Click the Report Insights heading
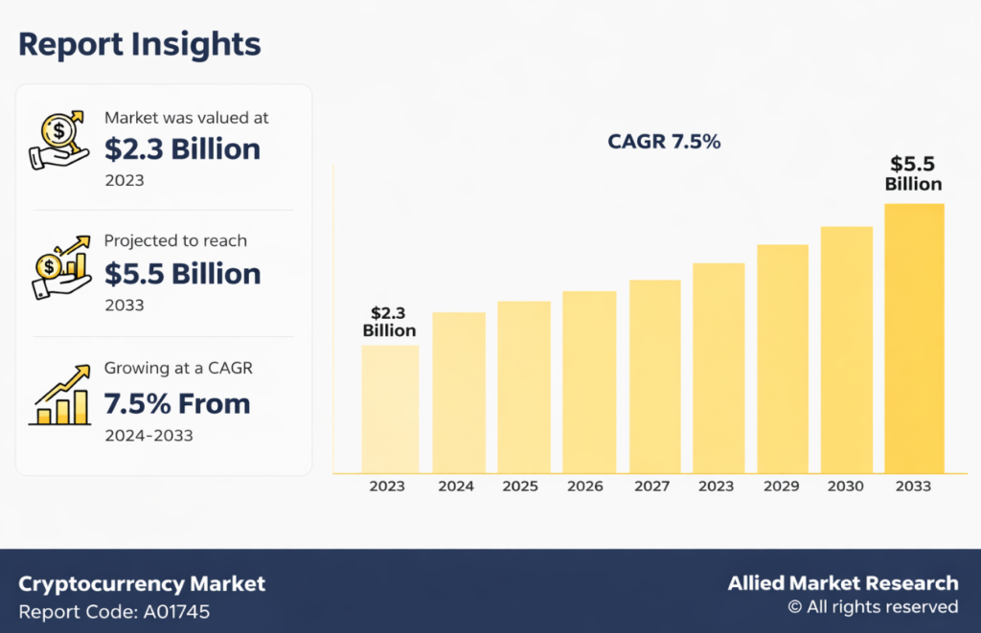pyautogui.click(x=139, y=44)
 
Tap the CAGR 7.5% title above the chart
pyautogui.click(x=664, y=142)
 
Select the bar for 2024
pyautogui.click(x=458, y=392)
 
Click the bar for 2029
pyautogui.click(x=782, y=358)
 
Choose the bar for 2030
pyautogui.click(x=847, y=349)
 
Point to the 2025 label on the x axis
pyautogui.click(x=520, y=486)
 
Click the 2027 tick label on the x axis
pyautogui.click(x=651, y=486)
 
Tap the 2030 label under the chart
pyautogui.click(x=847, y=486)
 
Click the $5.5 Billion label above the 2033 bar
pyautogui.click(x=914, y=173)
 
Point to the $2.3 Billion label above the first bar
pyautogui.click(x=389, y=322)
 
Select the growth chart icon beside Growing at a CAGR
pyautogui.click(x=61, y=396)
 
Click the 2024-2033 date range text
pyautogui.click(x=148, y=436)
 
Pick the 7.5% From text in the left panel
pyautogui.click(x=177, y=403)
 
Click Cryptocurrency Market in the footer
pyautogui.click(x=142, y=583)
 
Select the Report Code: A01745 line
pyautogui.click(x=114, y=611)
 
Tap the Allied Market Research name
pyautogui.click(x=842, y=582)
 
